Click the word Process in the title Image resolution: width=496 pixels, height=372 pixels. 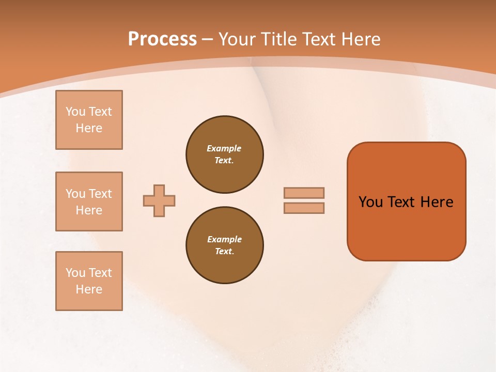click(162, 39)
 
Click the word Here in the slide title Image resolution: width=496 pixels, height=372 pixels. click(359, 39)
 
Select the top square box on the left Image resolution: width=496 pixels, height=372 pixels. click(89, 120)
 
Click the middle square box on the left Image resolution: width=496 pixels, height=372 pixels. click(89, 202)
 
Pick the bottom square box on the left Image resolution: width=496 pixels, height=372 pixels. click(89, 281)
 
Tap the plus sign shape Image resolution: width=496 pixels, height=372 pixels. click(159, 200)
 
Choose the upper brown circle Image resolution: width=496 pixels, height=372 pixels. click(224, 154)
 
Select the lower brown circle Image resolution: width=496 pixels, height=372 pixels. click(224, 245)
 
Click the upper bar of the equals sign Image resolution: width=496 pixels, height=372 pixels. click(304, 193)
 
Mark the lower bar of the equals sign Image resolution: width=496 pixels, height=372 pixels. click(304, 208)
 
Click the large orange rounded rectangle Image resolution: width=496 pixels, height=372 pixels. click(406, 227)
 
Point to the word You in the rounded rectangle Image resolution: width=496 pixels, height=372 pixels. click(371, 202)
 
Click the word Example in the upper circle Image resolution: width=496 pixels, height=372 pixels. click(224, 148)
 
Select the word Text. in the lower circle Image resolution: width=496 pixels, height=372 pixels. click(224, 251)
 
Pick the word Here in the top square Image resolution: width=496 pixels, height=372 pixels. click(89, 128)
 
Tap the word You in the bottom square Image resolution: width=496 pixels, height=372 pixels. click(76, 273)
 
